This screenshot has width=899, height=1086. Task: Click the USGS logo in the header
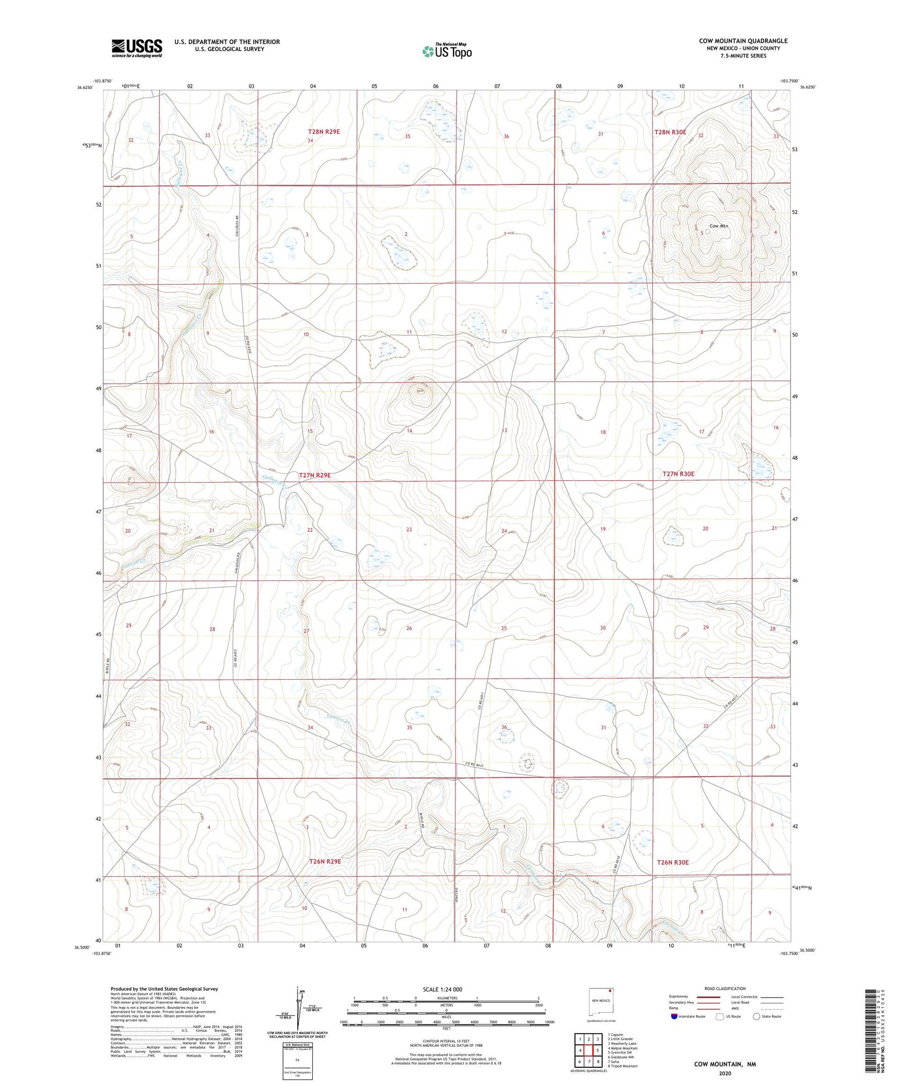coord(137,47)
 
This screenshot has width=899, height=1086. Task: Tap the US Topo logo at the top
coord(445,51)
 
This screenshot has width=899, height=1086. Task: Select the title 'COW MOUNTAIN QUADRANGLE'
coord(743,41)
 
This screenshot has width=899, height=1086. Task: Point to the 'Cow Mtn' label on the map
coord(719,226)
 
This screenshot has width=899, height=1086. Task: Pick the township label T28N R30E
coord(669,132)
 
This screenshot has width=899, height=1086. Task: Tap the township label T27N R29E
coord(315,475)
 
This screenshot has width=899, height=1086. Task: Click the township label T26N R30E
coord(673,862)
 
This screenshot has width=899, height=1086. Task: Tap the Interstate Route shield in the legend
coord(675,1016)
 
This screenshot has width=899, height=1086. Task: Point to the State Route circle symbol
coord(757,1016)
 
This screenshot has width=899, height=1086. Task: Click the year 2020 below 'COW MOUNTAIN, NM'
coord(725,1073)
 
